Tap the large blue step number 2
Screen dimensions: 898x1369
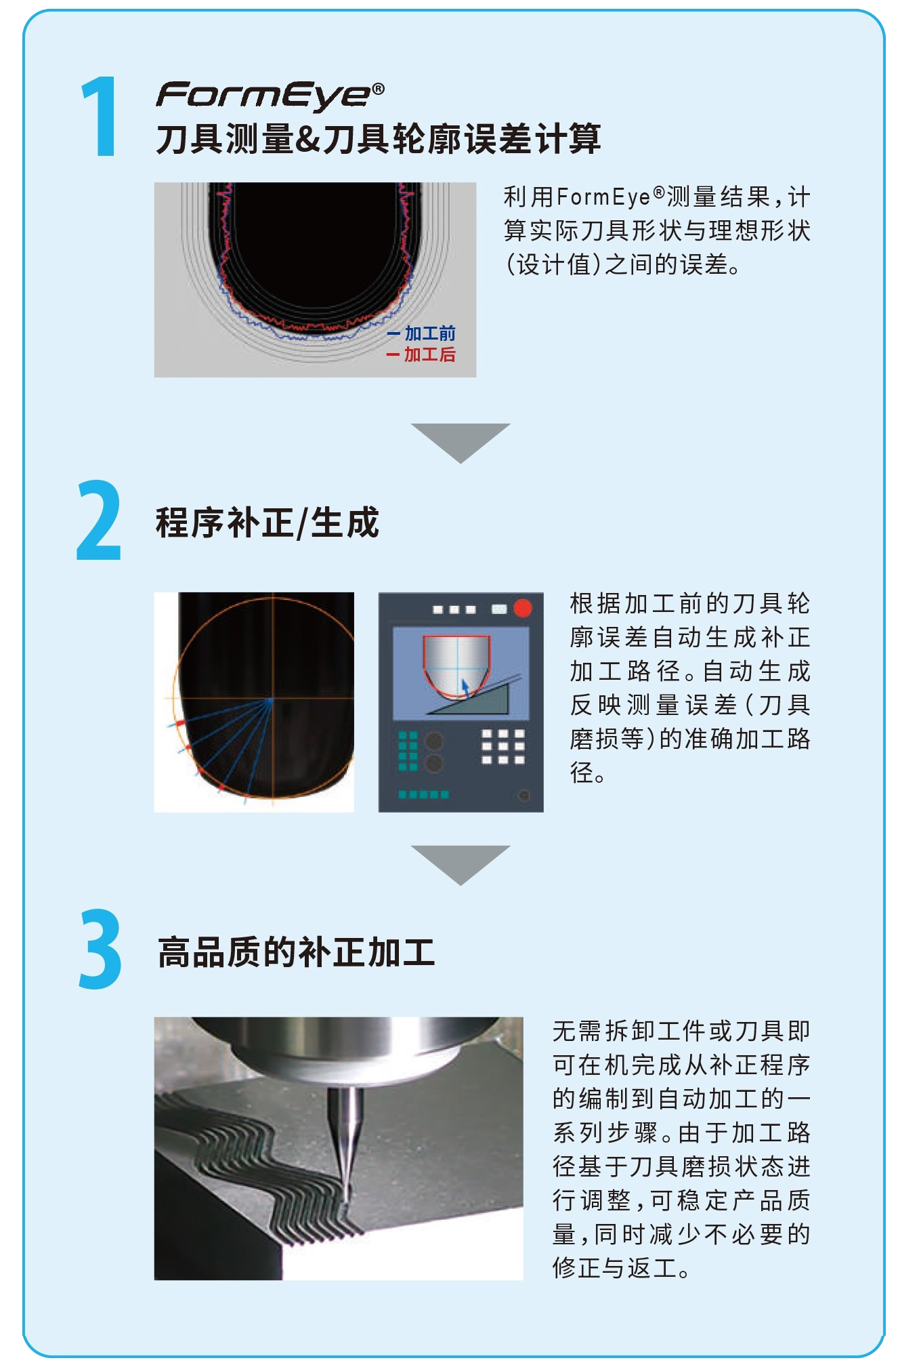(99, 520)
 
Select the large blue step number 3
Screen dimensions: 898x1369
(100, 949)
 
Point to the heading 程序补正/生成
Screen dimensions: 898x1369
(268, 523)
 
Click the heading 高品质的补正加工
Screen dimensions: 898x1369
(296, 952)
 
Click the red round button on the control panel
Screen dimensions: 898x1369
(523, 608)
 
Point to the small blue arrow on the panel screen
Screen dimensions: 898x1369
(465, 687)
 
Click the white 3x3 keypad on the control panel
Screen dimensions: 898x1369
(503, 747)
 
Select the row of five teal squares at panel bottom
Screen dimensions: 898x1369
(423, 794)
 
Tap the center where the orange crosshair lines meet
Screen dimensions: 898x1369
(273, 698)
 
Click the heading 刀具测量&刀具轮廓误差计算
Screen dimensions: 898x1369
(379, 139)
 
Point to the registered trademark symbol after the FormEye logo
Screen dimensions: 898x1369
(379, 89)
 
